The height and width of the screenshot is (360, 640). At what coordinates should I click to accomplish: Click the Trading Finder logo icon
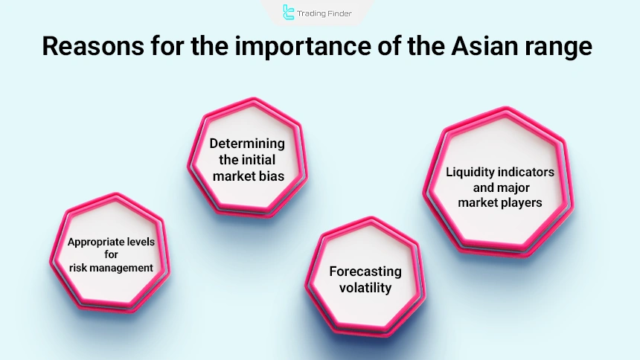coord(289,12)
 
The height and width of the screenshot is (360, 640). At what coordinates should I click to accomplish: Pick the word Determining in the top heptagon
coord(247,144)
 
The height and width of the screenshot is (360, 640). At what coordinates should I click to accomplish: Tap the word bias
coord(269,176)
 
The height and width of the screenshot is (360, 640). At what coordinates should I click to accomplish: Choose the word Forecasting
coord(365,271)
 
